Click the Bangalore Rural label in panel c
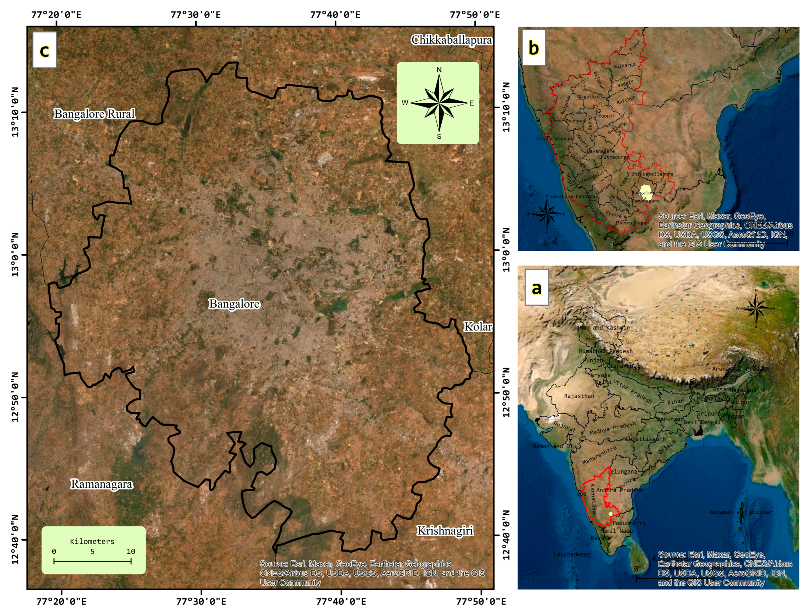(x=95, y=114)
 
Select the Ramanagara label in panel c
(x=102, y=484)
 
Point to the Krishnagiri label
(x=445, y=531)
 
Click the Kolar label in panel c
(x=478, y=326)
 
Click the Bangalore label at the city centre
(x=234, y=304)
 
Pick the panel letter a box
(x=537, y=288)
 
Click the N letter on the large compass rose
(x=439, y=70)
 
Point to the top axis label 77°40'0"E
(x=335, y=15)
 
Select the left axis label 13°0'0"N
(x=15, y=255)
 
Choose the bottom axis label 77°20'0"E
(x=61, y=602)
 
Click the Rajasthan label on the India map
(x=579, y=396)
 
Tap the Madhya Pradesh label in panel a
(x=613, y=428)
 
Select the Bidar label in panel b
(x=635, y=45)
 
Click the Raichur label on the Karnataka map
(x=626, y=100)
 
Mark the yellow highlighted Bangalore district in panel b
(x=646, y=192)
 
